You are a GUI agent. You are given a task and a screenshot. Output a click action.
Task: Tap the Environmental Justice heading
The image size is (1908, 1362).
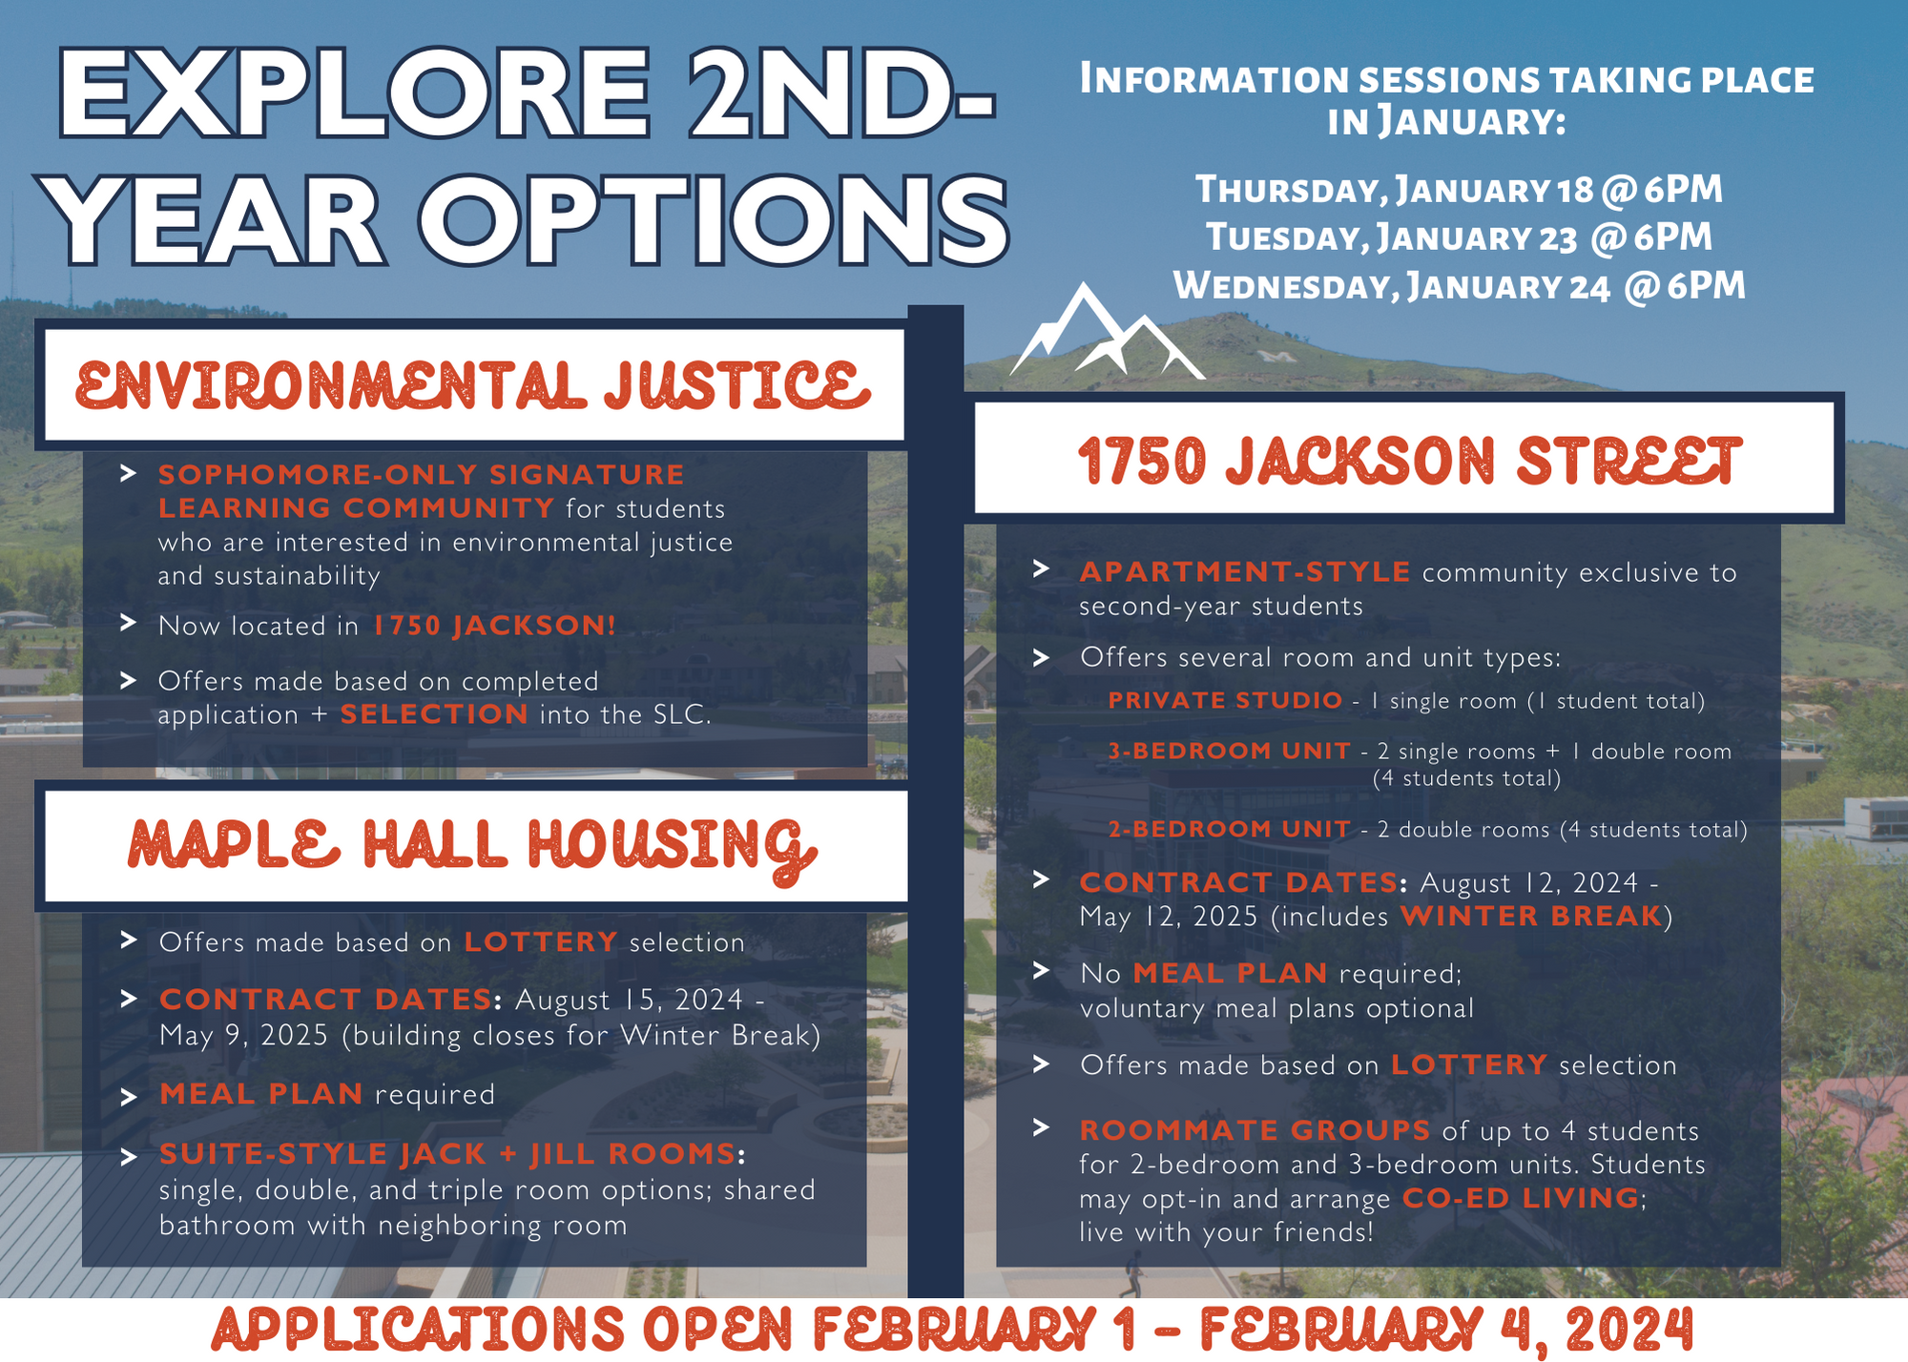point(473,385)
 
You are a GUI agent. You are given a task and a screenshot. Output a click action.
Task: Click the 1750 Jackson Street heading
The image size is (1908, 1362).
point(1409,462)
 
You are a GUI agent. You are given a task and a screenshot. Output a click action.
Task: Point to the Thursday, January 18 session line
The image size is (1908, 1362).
point(1459,190)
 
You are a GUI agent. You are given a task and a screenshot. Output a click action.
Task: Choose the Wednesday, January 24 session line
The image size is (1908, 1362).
point(1459,286)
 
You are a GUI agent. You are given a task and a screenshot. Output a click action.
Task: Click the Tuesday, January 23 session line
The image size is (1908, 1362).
point(1459,237)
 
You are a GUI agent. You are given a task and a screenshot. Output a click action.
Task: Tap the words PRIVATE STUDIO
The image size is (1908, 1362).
point(1225,700)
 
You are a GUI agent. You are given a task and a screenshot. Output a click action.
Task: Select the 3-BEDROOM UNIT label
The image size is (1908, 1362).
point(1229,751)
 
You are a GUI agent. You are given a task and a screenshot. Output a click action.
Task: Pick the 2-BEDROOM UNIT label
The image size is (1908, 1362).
point(1229,829)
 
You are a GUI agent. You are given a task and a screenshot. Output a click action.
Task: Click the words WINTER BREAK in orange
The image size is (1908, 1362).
point(1531,917)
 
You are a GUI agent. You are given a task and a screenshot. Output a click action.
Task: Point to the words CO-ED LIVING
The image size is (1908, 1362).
point(1521,1198)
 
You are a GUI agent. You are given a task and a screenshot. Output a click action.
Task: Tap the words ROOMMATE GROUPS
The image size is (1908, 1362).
point(1255,1130)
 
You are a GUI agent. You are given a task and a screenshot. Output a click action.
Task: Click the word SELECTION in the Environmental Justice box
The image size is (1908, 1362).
point(434,714)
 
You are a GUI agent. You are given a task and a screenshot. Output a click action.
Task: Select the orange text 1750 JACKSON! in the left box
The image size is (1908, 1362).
point(495,626)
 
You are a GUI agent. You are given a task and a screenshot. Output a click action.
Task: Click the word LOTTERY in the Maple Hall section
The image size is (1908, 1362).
point(541,942)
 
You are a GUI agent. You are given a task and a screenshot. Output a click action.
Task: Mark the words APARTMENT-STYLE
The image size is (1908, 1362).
point(1245,572)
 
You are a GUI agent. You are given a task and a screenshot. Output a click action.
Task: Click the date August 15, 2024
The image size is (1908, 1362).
point(629,1000)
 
